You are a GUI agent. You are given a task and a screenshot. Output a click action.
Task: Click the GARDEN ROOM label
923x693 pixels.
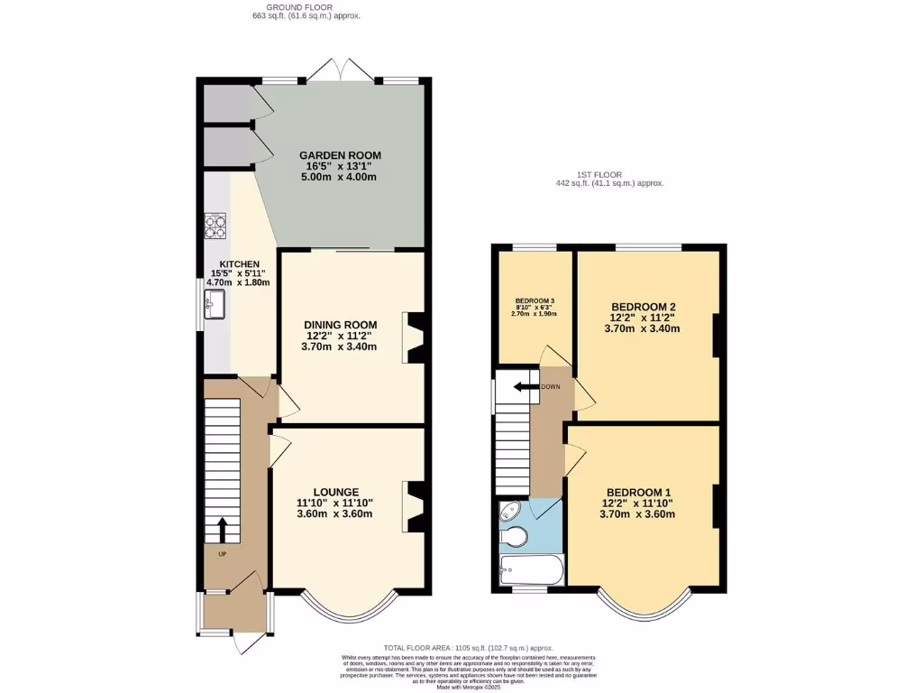tap(338, 155)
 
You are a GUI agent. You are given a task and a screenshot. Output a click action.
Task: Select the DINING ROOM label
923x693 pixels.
tap(340, 325)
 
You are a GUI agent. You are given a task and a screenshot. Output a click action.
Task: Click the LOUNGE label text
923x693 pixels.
tap(335, 492)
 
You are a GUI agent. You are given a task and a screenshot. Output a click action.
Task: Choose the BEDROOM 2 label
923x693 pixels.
tap(642, 307)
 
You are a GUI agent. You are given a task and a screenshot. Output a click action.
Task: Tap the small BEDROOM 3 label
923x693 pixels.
tap(535, 300)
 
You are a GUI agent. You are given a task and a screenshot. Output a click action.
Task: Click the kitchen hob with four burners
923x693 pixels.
tap(215, 225)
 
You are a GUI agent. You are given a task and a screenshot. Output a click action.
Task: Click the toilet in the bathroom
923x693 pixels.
tap(514, 538)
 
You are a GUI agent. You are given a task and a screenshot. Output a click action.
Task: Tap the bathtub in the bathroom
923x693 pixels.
tap(530, 569)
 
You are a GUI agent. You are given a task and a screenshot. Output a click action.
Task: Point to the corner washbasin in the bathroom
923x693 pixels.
tap(507, 513)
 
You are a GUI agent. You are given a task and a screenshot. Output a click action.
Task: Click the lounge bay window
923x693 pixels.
tap(347, 612)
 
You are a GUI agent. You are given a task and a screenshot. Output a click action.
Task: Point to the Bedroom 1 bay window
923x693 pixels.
tap(645, 612)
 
